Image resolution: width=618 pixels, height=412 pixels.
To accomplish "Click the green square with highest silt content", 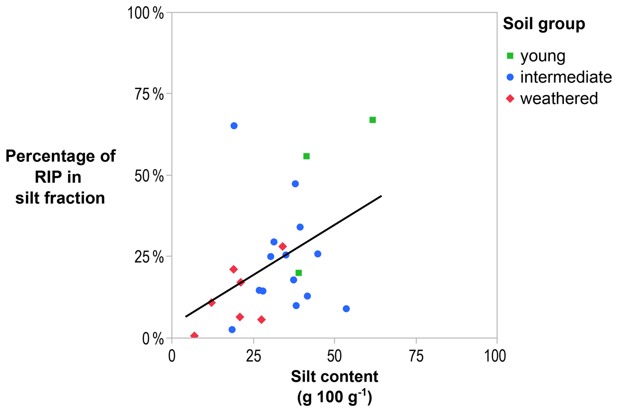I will coord(372,120).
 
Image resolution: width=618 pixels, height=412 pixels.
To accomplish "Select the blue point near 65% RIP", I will coord(234,126).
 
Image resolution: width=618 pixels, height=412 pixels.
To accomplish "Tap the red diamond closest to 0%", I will coord(194,336).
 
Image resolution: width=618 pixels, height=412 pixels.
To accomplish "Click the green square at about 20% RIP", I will coord(299,273).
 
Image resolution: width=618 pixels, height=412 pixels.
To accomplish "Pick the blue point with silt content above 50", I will coord(346,309).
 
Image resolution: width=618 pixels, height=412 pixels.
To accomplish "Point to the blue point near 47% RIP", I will coord(295,184).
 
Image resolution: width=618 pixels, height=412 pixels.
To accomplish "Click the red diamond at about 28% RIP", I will coord(283,247).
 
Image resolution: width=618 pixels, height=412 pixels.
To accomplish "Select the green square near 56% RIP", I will coord(306,156).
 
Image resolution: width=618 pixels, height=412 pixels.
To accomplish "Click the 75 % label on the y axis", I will coord(149,94).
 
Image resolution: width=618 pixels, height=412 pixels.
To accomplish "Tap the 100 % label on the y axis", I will coord(145,13).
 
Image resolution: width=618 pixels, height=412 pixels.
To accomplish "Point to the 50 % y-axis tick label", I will coord(149,176).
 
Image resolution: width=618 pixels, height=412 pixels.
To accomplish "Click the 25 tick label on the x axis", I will coord(253,356).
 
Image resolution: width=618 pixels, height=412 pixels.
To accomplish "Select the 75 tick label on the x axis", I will coord(416,356).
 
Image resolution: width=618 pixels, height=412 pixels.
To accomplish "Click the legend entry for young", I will coord(543,56).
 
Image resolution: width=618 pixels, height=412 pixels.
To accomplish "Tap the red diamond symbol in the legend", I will coord(510,98).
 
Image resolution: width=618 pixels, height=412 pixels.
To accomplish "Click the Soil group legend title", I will coord(544,24).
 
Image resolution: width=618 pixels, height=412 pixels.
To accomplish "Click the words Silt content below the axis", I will coord(334,377).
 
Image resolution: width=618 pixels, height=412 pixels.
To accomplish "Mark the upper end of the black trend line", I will coord(381,196).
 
